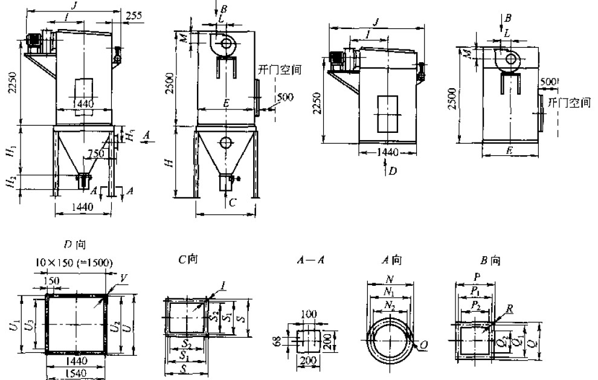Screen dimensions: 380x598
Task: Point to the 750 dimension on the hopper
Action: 94,154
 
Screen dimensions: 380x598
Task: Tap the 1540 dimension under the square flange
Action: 76,374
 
